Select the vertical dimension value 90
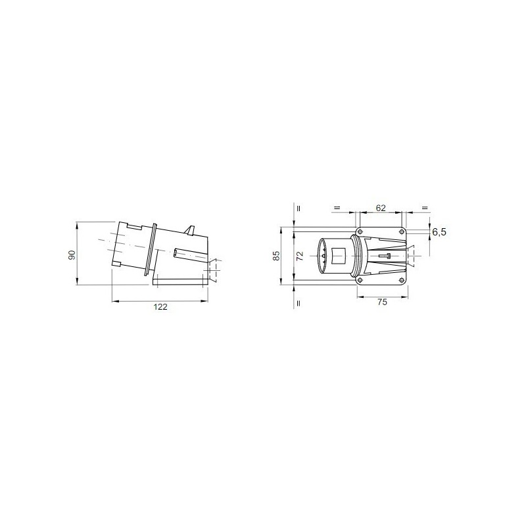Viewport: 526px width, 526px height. click(73, 254)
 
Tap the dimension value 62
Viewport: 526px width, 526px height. click(380, 207)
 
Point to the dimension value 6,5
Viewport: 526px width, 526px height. click(439, 232)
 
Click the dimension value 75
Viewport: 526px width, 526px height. click(382, 302)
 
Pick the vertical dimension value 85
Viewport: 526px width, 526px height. click(277, 256)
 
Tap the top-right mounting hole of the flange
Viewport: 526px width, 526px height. click(402, 231)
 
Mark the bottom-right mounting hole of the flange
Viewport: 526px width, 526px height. click(402, 281)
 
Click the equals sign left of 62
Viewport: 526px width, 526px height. click(336, 207)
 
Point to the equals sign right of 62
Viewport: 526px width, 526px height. click(424, 207)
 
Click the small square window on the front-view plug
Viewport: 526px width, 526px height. click(341, 255)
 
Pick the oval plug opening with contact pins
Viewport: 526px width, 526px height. click(323, 256)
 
